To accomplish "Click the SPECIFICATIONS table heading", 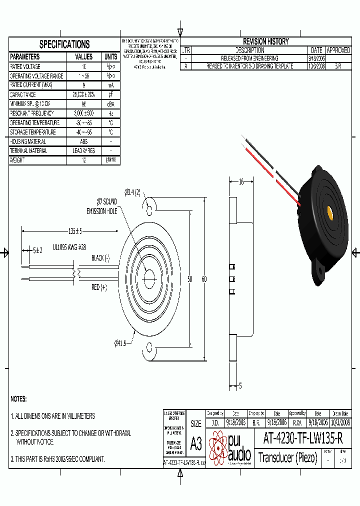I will pyautogui.click(x=64, y=44).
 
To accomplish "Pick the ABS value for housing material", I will pyautogui.click(x=83, y=141).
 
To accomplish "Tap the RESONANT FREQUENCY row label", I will pyautogui.click(x=35, y=113).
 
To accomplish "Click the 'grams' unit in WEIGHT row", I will pyautogui.click(x=110, y=160).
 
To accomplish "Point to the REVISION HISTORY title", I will pyautogui.click(x=265, y=41).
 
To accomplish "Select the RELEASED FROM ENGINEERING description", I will pyautogui.click(x=249, y=58).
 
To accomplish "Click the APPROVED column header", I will pyautogui.click(x=338, y=50).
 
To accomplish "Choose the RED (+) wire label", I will pyautogui.click(x=99, y=287).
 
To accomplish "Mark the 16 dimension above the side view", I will pyautogui.click(x=241, y=182).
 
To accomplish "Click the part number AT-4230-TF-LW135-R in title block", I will pyautogui.click(x=302, y=439).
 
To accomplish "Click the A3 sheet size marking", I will pyautogui.click(x=195, y=443).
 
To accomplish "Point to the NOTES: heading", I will pyautogui.click(x=18, y=399).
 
